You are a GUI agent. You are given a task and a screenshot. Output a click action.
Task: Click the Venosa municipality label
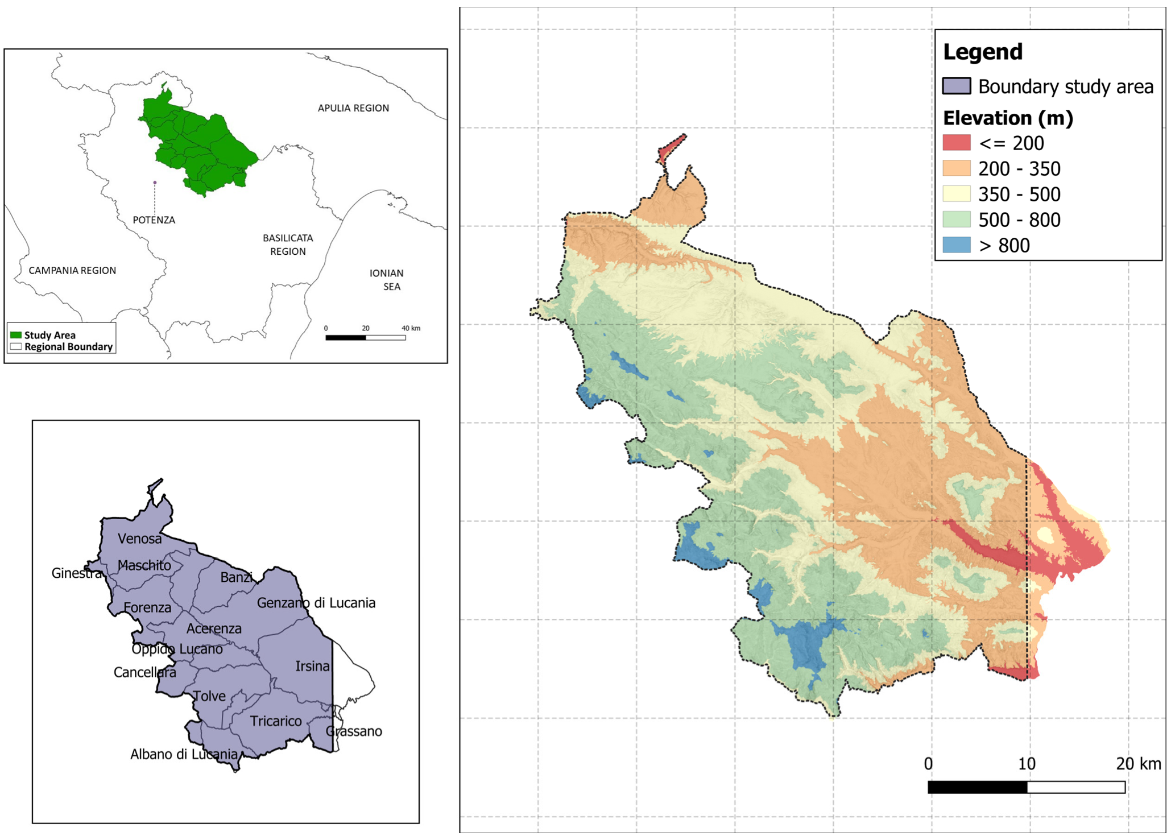139,539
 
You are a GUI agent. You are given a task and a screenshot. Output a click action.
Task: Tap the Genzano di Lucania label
316,603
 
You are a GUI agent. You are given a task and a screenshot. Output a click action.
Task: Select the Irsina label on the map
312,666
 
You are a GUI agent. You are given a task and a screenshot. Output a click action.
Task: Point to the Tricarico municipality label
276,721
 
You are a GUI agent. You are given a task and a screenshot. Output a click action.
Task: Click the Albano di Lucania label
184,755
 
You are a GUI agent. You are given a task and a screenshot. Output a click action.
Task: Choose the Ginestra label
76,573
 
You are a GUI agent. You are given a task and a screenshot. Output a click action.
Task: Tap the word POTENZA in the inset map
154,220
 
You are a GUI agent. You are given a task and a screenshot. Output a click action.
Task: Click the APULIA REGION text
353,108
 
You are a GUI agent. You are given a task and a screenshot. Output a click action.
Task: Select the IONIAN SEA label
387,280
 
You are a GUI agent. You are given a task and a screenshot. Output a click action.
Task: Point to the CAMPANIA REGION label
72,271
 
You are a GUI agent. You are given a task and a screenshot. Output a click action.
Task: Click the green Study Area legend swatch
16,335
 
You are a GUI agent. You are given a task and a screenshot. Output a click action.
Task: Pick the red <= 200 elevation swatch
956,143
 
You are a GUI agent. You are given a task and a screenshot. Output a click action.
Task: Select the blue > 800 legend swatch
956,245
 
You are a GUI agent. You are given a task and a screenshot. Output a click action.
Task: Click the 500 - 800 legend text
1019,220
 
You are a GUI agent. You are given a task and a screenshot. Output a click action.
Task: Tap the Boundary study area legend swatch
956,86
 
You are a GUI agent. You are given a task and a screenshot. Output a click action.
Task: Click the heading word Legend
982,52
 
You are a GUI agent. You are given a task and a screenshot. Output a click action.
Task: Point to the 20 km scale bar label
1138,764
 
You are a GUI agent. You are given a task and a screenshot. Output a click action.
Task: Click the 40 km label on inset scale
411,328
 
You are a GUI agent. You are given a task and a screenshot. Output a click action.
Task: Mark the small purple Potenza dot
155,183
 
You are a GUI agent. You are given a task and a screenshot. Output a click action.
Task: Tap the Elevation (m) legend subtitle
1008,118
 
